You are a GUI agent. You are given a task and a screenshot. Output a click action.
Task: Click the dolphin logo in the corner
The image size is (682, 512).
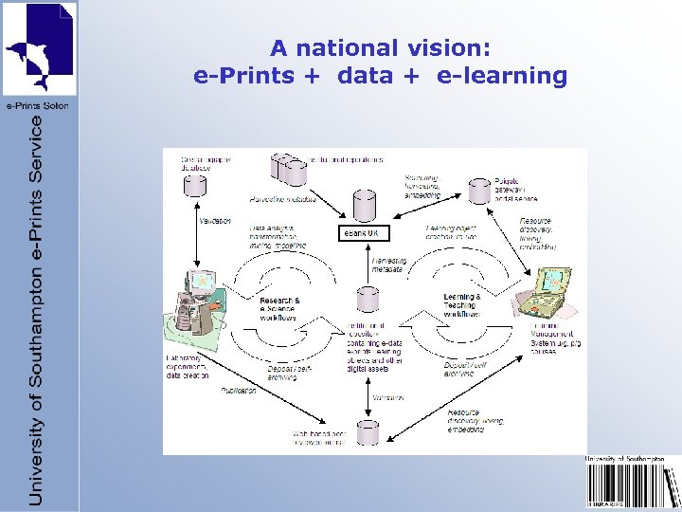coord(39,48)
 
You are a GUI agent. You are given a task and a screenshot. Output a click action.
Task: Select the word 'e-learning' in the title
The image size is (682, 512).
coord(502,76)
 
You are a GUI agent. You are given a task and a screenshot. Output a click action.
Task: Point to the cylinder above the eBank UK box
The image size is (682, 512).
coord(365,206)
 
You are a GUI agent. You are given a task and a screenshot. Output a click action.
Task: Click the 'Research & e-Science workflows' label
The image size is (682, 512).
coord(279,308)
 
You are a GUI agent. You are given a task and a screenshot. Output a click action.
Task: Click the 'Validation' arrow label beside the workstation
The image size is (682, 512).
coord(216,221)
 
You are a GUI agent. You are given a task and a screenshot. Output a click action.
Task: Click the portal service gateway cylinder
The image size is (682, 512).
coord(481,192)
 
